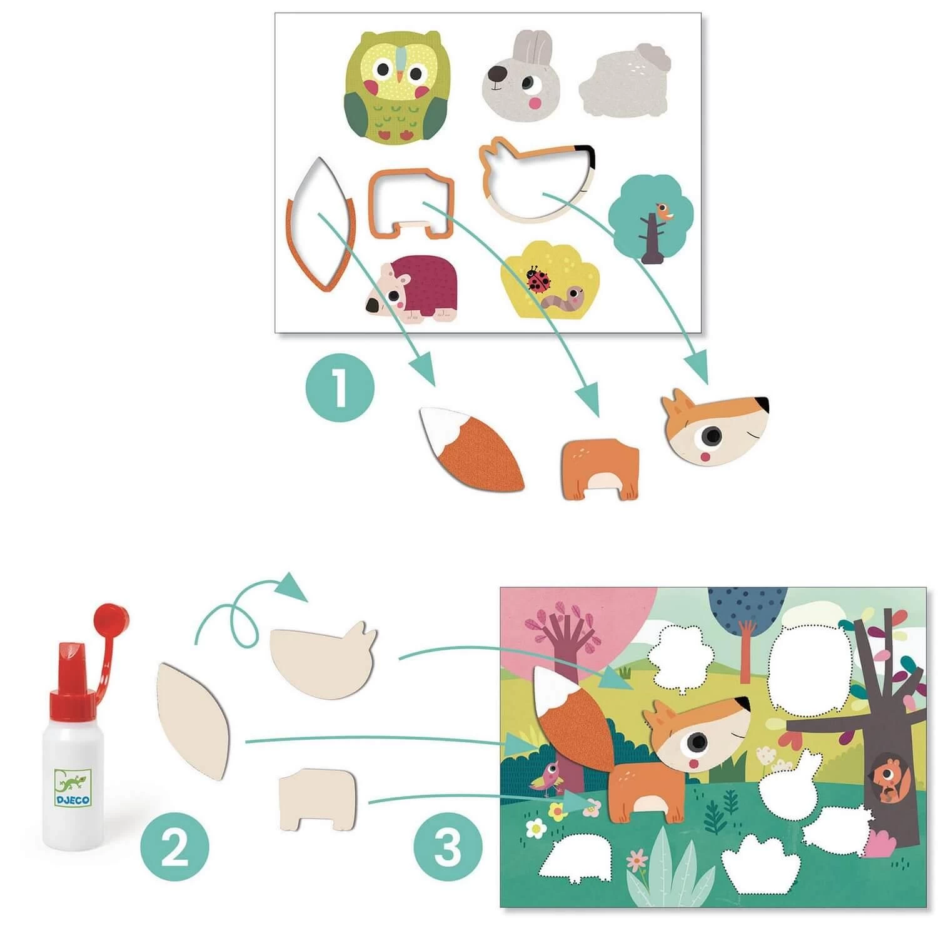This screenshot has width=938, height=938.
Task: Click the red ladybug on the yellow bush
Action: point(537,281)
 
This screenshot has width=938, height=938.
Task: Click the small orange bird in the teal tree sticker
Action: point(662,212)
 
